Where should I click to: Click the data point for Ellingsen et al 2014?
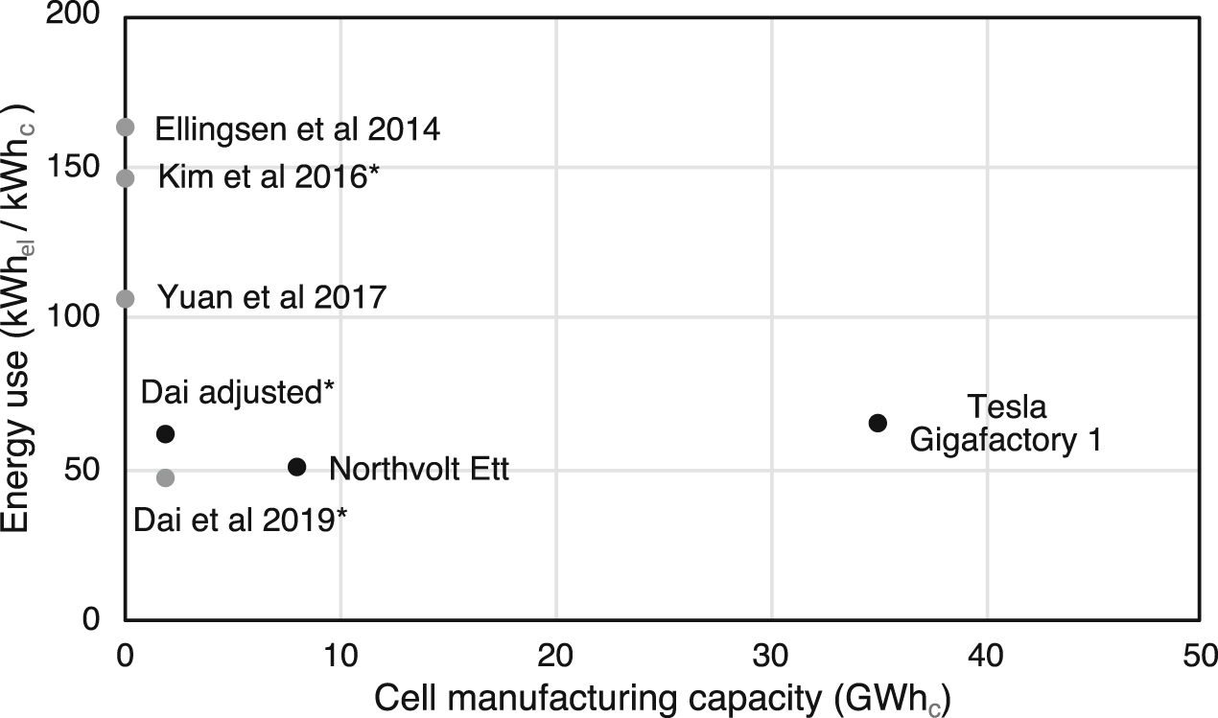(125, 127)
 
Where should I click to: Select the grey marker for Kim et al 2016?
(125, 178)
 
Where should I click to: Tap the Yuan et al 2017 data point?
(125, 299)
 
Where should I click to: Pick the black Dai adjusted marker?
(165, 434)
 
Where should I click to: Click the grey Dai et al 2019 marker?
(165, 477)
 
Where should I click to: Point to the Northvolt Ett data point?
(296, 467)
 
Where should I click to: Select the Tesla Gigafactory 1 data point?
(878, 423)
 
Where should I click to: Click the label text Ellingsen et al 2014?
(297, 129)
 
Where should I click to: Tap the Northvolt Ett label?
(418, 470)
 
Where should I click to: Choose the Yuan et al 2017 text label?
(270, 298)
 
